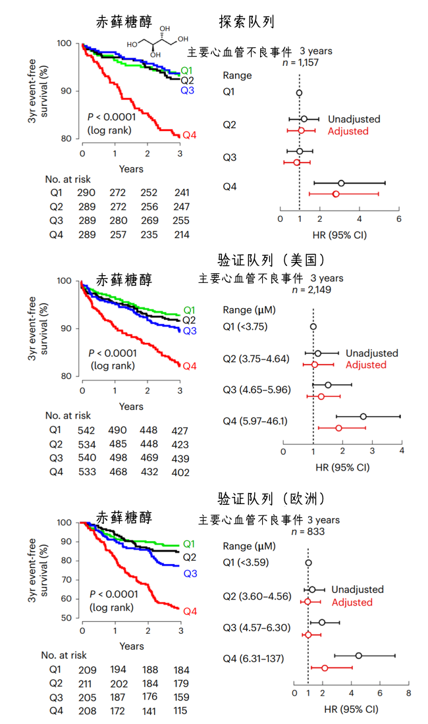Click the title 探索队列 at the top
coord(246,22)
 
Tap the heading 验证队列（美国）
coord(271,260)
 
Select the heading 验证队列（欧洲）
coord(271,499)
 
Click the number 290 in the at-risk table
coord(86,193)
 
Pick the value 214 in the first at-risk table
coord(182,235)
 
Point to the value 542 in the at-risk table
coord(86,431)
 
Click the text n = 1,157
coord(300,63)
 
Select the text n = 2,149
coord(311,290)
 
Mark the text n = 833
coord(308,531)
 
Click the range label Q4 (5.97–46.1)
coord(255,421)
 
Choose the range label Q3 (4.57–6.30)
coord(257,627)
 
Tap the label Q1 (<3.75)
coord(245,326)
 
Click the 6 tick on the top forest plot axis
coord(399,219)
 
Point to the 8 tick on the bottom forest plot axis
coord(409,692)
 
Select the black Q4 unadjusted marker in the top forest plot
coord(341,184)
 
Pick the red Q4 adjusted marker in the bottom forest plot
coord(325,667)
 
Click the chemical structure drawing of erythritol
coord(157,42)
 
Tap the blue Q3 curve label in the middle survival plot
coord(190,331)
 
